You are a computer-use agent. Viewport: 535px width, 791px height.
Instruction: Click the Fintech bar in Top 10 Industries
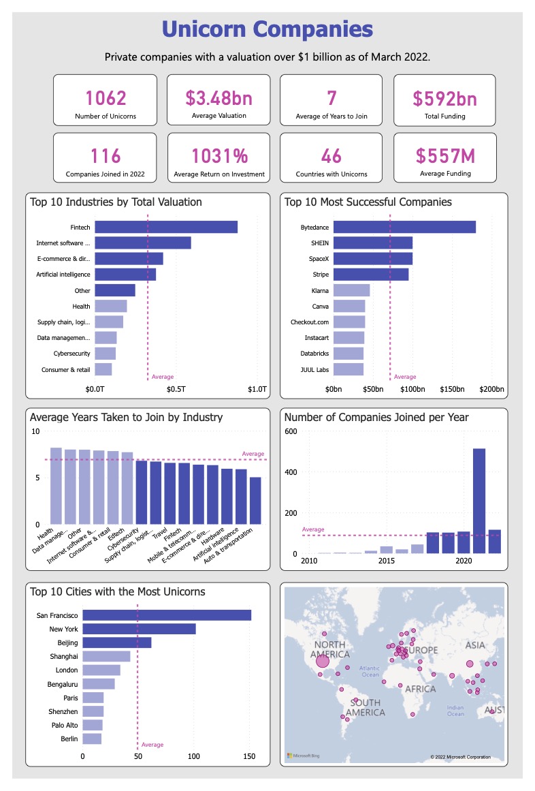[165, 227]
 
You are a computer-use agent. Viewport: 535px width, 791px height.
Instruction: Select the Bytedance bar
[404, 227]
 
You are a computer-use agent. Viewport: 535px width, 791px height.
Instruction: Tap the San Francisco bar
[167, 615]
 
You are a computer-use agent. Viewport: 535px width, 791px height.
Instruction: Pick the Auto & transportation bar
[255, 500]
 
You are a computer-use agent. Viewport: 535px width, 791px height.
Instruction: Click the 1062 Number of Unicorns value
[106, 99]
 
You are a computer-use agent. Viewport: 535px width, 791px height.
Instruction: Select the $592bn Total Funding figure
[444, 99]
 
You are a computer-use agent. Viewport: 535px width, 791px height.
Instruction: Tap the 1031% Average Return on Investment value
[219, 156]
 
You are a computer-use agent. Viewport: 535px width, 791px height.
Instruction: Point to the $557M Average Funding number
[444, 156]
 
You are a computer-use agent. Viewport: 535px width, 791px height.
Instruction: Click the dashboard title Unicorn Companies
[267, 29]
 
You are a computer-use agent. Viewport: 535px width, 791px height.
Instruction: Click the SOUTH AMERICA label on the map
[365, 707]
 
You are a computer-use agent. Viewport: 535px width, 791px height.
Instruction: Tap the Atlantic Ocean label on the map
[370, 671]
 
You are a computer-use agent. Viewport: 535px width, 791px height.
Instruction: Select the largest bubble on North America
[322, 660]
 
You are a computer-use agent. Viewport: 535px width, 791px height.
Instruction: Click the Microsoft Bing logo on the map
[301, 756]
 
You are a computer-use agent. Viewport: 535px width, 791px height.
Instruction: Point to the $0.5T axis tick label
[176, 389]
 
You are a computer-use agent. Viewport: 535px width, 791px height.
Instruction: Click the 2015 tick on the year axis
[387, 561]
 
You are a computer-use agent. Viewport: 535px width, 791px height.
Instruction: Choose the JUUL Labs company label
[315, 369]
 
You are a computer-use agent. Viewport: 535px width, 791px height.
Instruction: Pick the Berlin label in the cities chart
[69, 739]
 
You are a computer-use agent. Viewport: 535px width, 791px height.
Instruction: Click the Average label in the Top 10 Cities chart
[152, 745]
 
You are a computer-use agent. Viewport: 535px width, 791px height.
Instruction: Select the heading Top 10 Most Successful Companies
[368, 202]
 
